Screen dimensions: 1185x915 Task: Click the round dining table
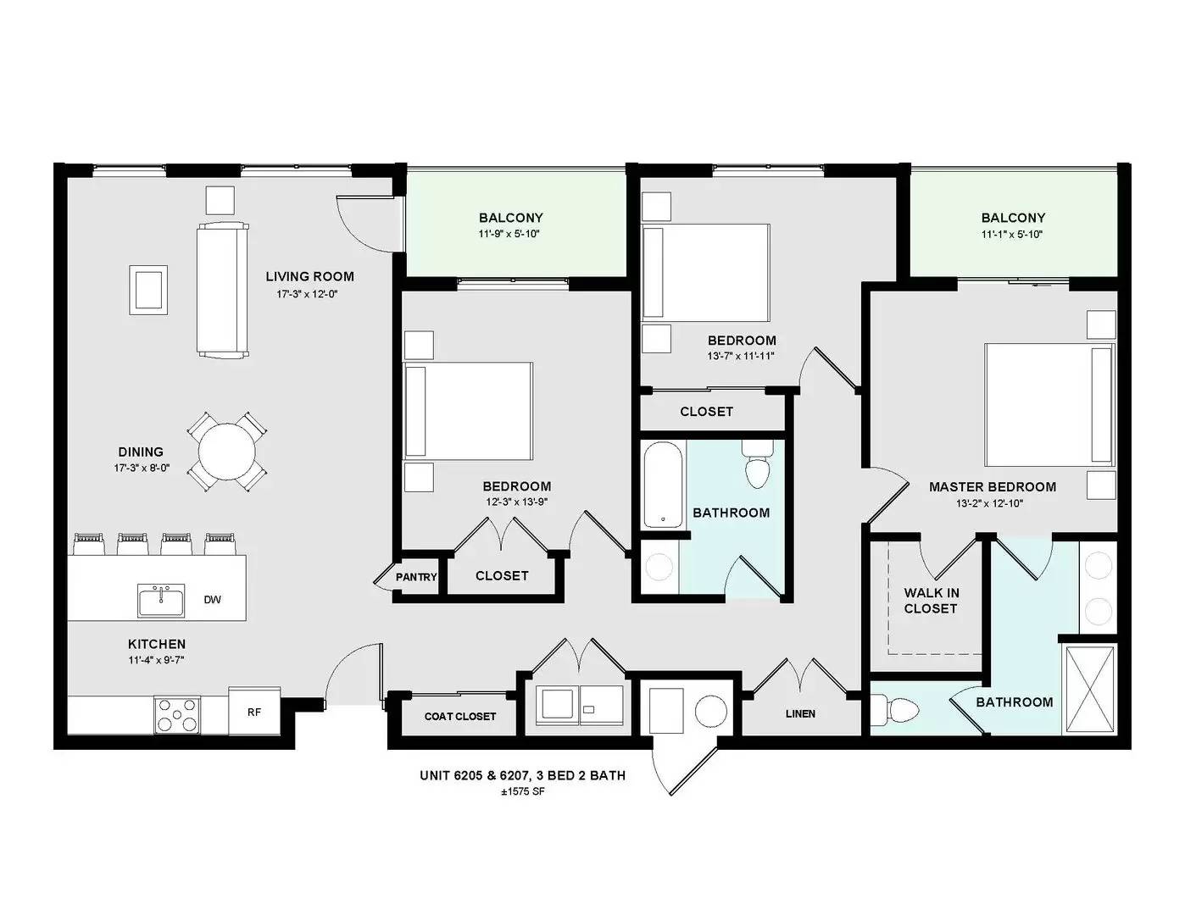pos(226,452)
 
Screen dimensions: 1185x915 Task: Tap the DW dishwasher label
pos(212,600)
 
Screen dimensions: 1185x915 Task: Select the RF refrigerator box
pos(254,711)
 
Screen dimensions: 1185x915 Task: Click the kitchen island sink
pos(161,601)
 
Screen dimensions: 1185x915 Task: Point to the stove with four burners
pos(176,715)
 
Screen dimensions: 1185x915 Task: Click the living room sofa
pos(223,290)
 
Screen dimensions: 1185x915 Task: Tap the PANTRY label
pos(416,577)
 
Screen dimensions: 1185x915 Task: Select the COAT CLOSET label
pos(459,716)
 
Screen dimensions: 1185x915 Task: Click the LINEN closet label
pos(800,713)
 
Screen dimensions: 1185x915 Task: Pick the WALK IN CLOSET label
pos(931,601)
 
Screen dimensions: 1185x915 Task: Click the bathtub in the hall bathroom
pos(663,485)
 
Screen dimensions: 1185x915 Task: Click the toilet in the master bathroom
pos(894,710)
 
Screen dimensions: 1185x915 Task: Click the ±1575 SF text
pos(522,792)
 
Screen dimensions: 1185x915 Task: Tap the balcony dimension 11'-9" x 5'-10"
pos(510,235)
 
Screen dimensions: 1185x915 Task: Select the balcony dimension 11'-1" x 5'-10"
pos(1013,235)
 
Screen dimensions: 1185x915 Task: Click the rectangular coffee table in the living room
pos(147,290)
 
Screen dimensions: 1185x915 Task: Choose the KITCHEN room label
pos(157,644)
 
